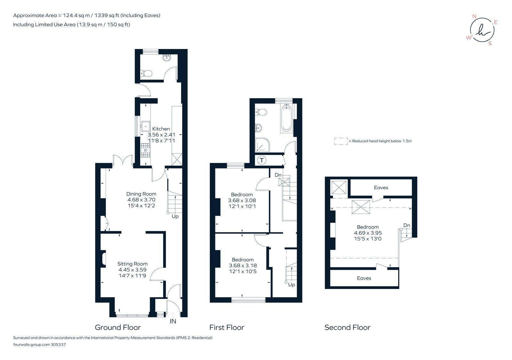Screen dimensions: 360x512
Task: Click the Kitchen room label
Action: [161, 129]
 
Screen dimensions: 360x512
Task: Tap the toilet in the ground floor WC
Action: [147, 74]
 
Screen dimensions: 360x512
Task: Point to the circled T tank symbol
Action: [262, 160]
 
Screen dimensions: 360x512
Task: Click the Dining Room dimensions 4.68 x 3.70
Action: [141, 200]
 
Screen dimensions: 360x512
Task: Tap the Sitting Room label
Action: [132, 264]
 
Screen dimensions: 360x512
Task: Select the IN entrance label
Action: [173, 321]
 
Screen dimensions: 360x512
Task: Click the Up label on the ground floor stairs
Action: [175, 216]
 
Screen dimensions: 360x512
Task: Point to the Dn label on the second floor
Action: [406, 225]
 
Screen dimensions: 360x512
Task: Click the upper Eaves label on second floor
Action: [381, 188]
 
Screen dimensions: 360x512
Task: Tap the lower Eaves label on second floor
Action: [364, 278]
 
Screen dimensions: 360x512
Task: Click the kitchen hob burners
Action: [146, 151]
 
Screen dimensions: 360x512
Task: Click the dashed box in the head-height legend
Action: [341, 141]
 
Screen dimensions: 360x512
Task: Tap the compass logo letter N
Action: [474, 17]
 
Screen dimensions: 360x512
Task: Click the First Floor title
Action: [227, 327]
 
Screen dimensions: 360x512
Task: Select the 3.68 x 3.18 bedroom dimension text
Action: [243, 265]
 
